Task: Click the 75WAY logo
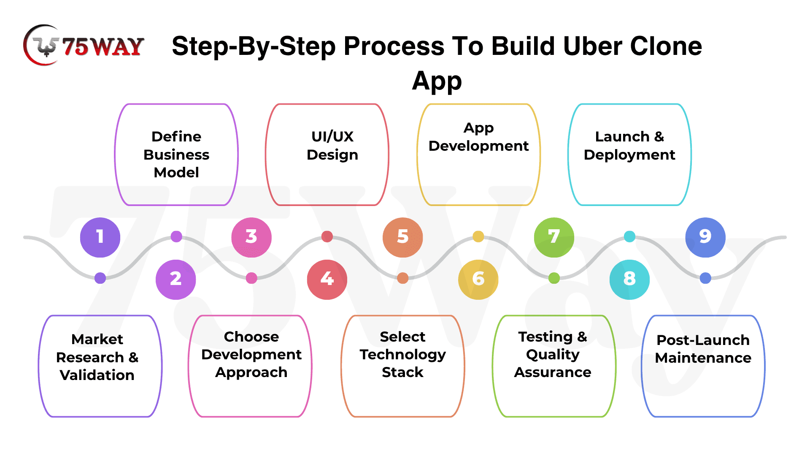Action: pyautogui.click(x=84, y=46)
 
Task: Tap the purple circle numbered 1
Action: pyautogui.click(x=100, y=237)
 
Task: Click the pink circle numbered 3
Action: pyautogui.click(x=251, y=237)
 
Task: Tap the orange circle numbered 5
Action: pyautogui.click(x=402, y=237)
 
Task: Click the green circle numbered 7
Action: pyautogui.click(x=554, y=237)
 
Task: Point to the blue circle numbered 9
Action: pyautogui.click(x=705, y=237)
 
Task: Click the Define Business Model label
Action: pyautogui.click(x=176, y=155)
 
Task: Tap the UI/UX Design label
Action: pyautogui.click(x=332, y=146)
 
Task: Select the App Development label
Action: pyautogui.click(x=478, y=137)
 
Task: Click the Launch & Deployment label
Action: pyautogui.click(x=629, y=146)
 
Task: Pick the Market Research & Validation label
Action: pyautogui.click(x=97, y=357)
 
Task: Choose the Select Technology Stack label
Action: pyautogui.click(x=402, y=355)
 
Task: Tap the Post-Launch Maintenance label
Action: pyautogui.click(x=703, y=349)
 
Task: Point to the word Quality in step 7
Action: pyautogui.click(x=553, y=355)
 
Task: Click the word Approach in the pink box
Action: pyautogui.click(x=251, y=372)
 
